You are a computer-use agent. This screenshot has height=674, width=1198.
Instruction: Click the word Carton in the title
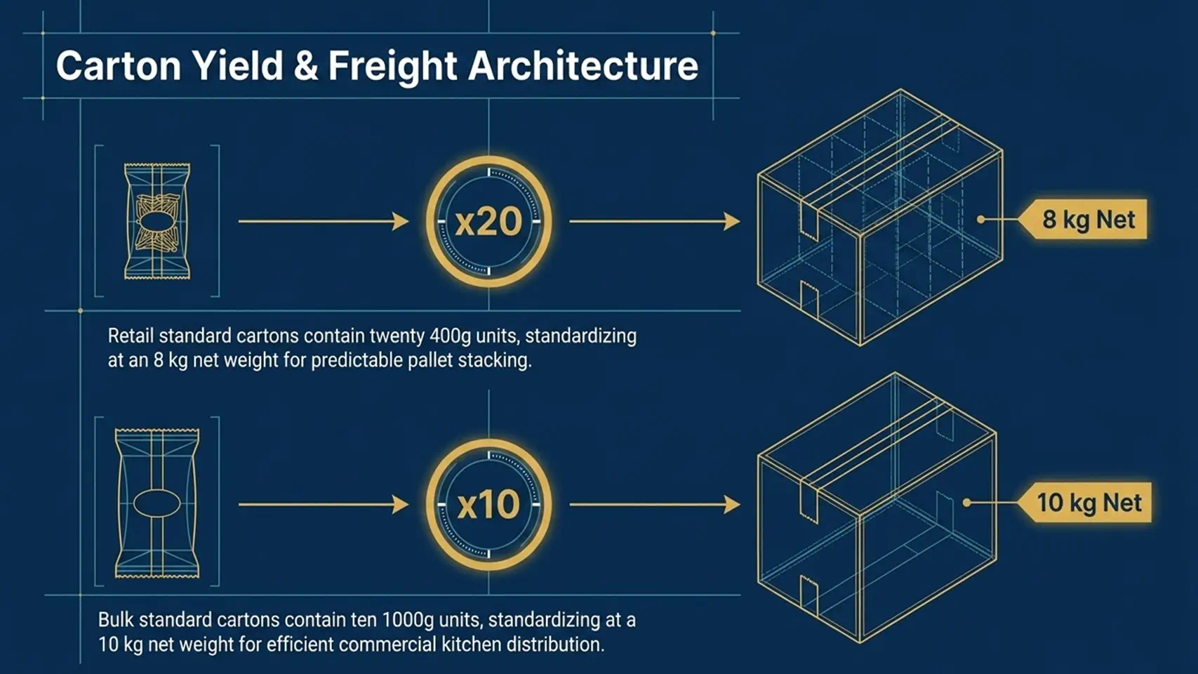click(x=119, y=66)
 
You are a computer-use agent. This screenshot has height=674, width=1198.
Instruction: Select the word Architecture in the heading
click(x=583, y=65)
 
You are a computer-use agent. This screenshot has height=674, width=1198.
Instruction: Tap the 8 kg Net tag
click(x=1082, y=219)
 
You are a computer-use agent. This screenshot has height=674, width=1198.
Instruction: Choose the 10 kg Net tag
click(x=1084, y=503)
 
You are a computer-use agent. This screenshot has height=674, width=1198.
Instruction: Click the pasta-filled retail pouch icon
click(x=157, y=221)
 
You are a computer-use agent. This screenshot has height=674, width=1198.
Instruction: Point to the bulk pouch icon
click(x=157, y=503)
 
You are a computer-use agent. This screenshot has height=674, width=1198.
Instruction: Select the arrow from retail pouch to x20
click(x=324, y=221)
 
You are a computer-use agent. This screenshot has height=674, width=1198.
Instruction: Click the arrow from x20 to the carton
click(x=655, y=221)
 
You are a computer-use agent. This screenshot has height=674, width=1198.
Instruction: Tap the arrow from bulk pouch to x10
click(x=324, y=504)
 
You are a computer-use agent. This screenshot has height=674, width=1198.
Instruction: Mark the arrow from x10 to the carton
click(x=655, y=504)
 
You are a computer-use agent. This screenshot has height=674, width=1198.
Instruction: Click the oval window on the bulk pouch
click(x=157, y=503)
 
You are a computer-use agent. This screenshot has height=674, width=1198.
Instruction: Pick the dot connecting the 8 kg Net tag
click(x=981, y=219)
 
